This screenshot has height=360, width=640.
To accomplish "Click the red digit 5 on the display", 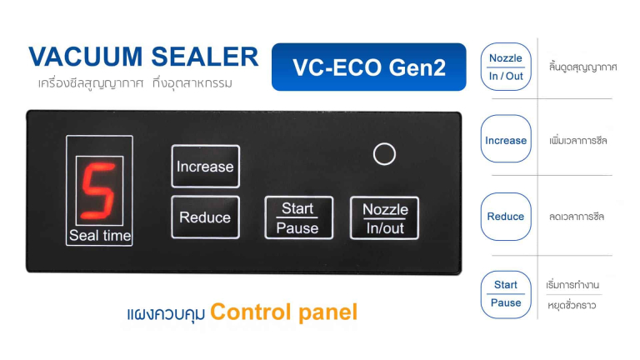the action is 99,191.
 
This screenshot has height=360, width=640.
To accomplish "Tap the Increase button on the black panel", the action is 205,166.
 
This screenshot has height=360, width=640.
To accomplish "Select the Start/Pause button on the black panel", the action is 298,217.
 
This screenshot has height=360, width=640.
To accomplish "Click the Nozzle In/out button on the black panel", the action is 384,218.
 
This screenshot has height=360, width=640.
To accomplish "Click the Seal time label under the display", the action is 100,236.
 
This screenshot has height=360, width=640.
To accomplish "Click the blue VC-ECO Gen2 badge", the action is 368,67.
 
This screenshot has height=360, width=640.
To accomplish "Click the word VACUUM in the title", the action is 86,57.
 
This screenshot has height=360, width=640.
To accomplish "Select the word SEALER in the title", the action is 205,57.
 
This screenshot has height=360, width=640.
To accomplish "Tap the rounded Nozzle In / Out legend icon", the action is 506,67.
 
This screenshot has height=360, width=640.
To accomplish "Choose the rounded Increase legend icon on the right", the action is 506,139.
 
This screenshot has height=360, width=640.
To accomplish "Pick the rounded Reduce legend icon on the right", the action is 506,217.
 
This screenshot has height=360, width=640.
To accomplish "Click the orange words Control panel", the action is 283,312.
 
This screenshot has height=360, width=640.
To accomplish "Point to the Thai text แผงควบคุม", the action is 166,313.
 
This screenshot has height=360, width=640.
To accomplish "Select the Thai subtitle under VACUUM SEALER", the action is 135,83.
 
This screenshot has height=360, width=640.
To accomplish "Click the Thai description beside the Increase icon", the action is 578,141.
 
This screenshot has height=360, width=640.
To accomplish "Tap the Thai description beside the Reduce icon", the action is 577,217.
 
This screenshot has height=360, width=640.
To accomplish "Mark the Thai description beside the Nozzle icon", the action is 582,67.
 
